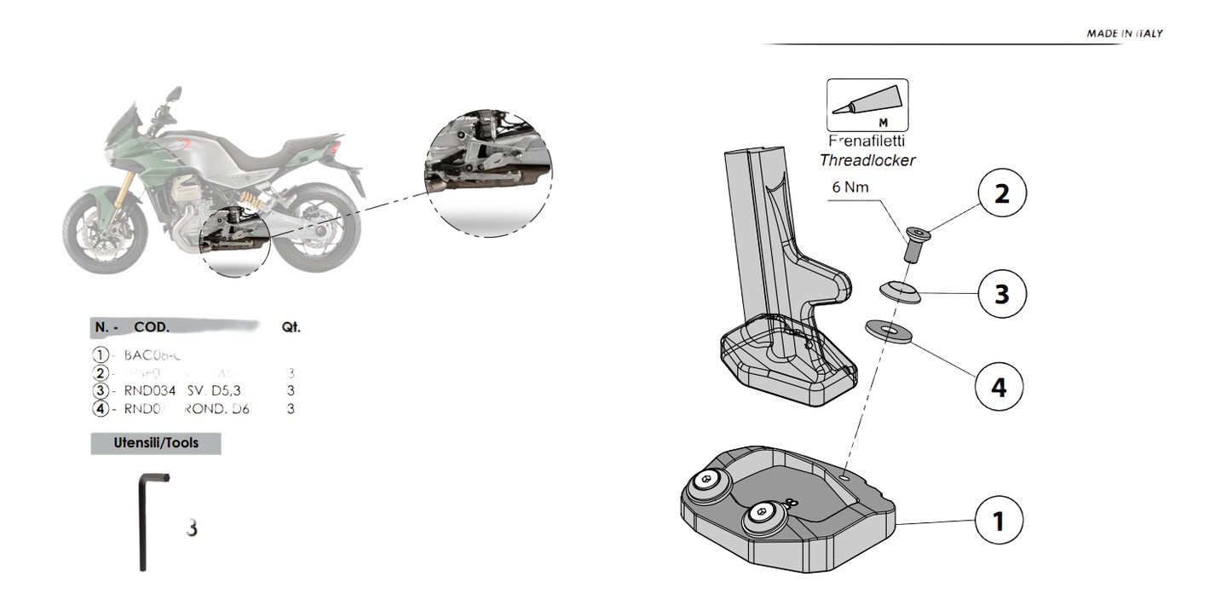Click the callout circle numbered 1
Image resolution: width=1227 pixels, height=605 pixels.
999,521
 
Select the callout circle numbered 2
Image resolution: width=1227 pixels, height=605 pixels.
1001,193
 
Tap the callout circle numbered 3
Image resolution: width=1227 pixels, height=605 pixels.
1001,294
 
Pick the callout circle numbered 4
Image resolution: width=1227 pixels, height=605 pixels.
998,388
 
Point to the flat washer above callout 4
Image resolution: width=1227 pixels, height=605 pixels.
888,330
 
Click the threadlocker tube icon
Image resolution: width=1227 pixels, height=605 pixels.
867,106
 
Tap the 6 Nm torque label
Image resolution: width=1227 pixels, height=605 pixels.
850,187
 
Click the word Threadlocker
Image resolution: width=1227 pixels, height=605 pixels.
867,160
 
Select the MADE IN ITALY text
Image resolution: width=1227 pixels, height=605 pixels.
1124,34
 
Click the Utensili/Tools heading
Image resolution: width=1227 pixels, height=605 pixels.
156,443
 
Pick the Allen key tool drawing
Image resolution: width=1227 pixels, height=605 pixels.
147,521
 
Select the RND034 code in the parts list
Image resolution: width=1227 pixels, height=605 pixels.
150,391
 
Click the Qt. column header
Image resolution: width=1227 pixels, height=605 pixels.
291,327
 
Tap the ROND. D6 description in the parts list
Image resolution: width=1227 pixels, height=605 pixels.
216,409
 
